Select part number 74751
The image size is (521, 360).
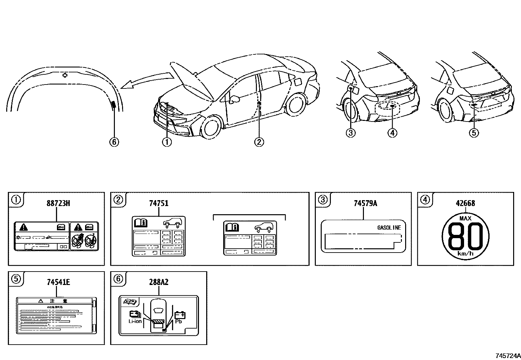[159, 203]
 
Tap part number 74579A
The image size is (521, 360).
[365, 203]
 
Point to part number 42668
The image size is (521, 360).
[465, 203]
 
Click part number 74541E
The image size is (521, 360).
[58, 282]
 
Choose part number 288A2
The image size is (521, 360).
[159, 282]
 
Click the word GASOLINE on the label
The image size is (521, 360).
[389, 228]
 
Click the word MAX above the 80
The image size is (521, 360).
[465, 218]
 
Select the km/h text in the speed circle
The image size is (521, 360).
[465, 254]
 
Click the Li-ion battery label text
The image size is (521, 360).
[135, 321]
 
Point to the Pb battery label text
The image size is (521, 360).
[178, 321]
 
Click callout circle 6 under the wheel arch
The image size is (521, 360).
[114, 142]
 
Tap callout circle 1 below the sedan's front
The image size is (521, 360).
[167, 142]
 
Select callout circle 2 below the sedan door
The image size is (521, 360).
[259, 142]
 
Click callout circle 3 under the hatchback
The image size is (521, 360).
[350, 133]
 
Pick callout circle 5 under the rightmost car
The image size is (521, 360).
[474, 133]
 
